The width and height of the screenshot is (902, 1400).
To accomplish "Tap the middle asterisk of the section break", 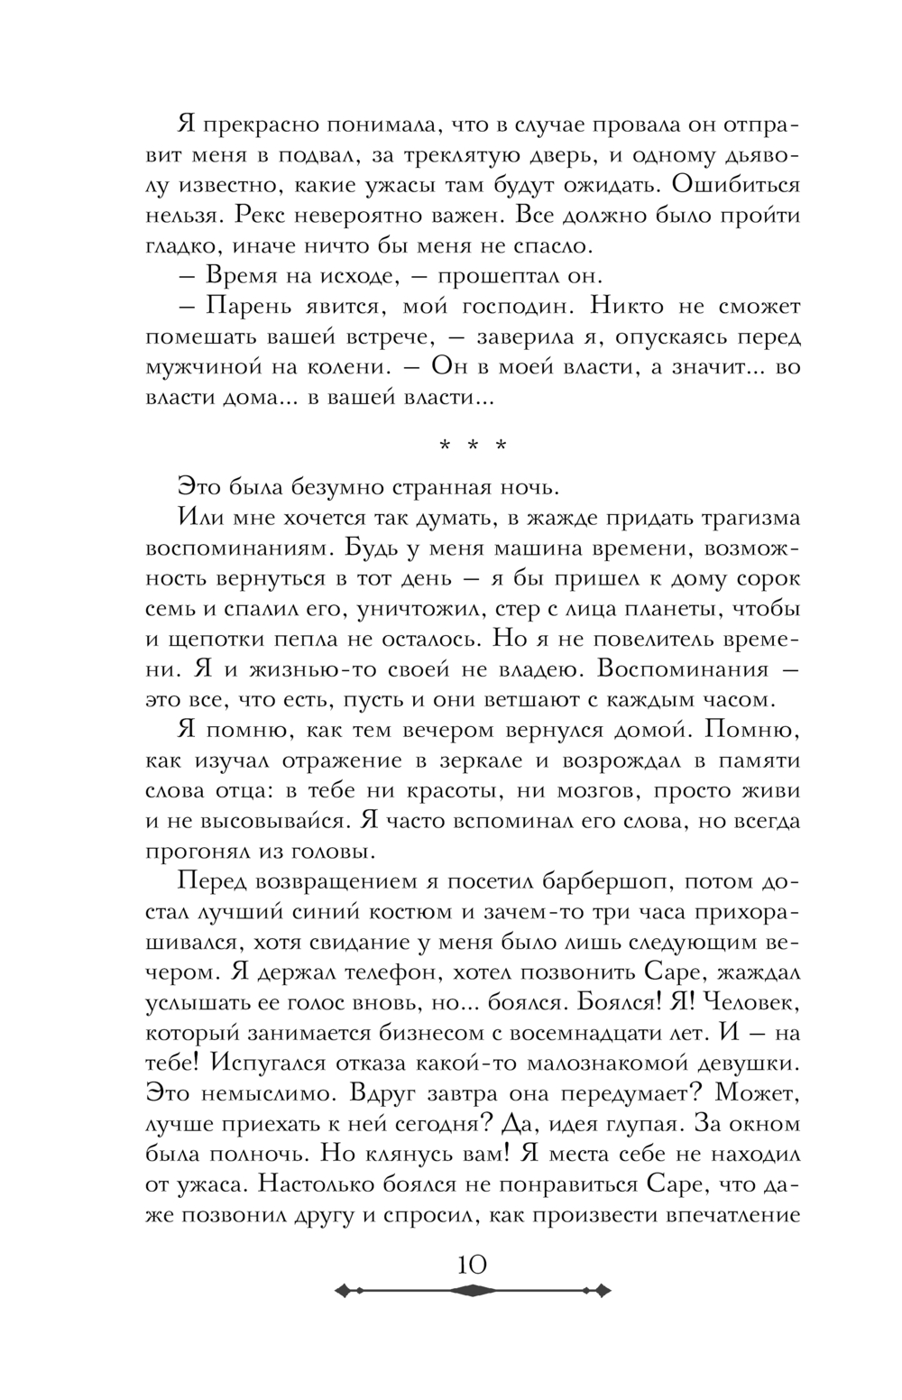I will click(473, 447).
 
